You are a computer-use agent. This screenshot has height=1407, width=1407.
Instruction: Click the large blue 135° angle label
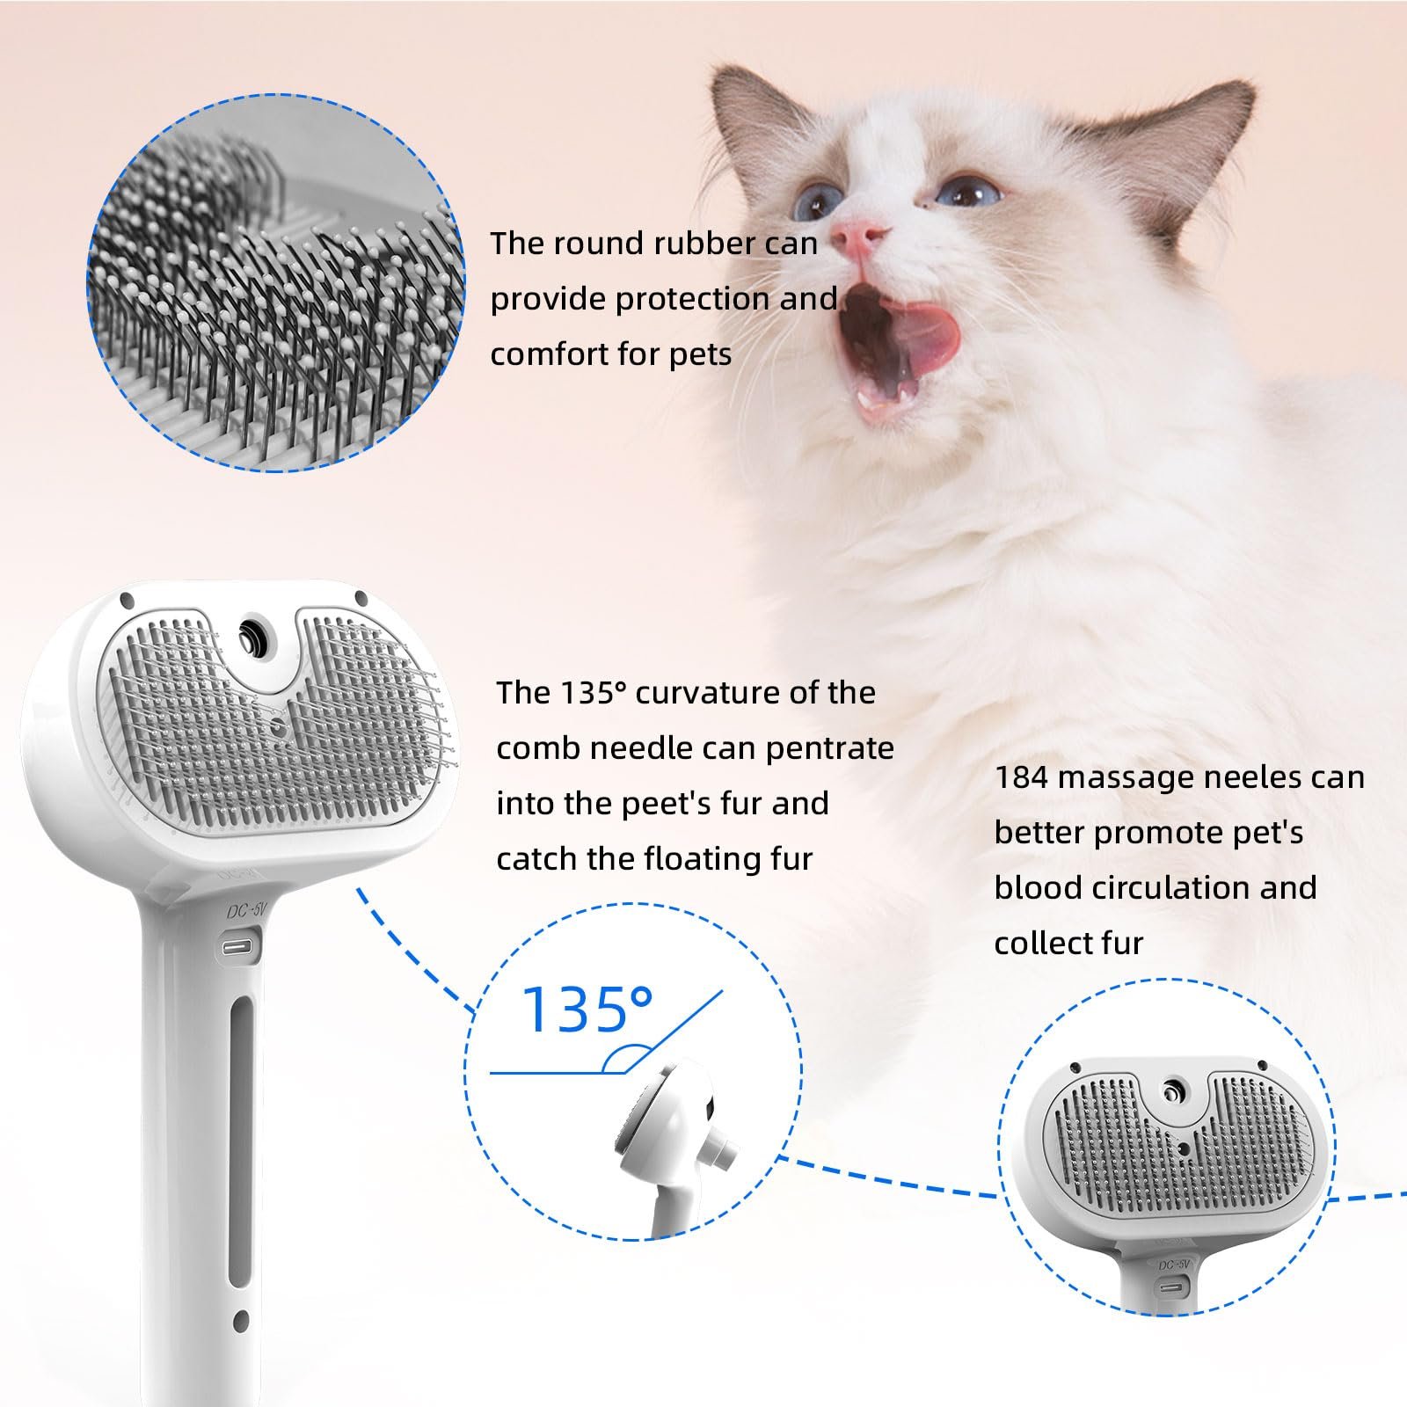point(587,1010)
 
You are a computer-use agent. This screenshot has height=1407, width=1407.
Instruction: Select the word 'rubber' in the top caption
point(689,244)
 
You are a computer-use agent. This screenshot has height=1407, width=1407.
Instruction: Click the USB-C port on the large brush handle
point(239,948)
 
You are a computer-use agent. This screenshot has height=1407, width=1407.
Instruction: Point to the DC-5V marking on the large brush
point(245,913)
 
